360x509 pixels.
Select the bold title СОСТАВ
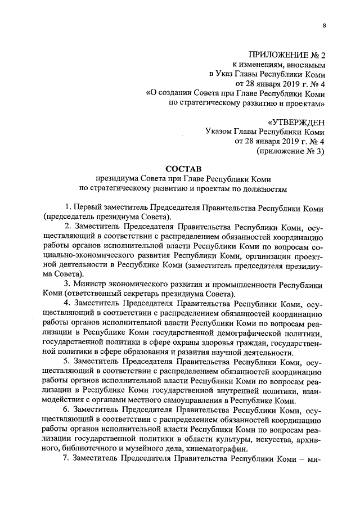pyautogui.click(x=183, y=168)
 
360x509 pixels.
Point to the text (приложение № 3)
pyautogui.click(x=291, y=151)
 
